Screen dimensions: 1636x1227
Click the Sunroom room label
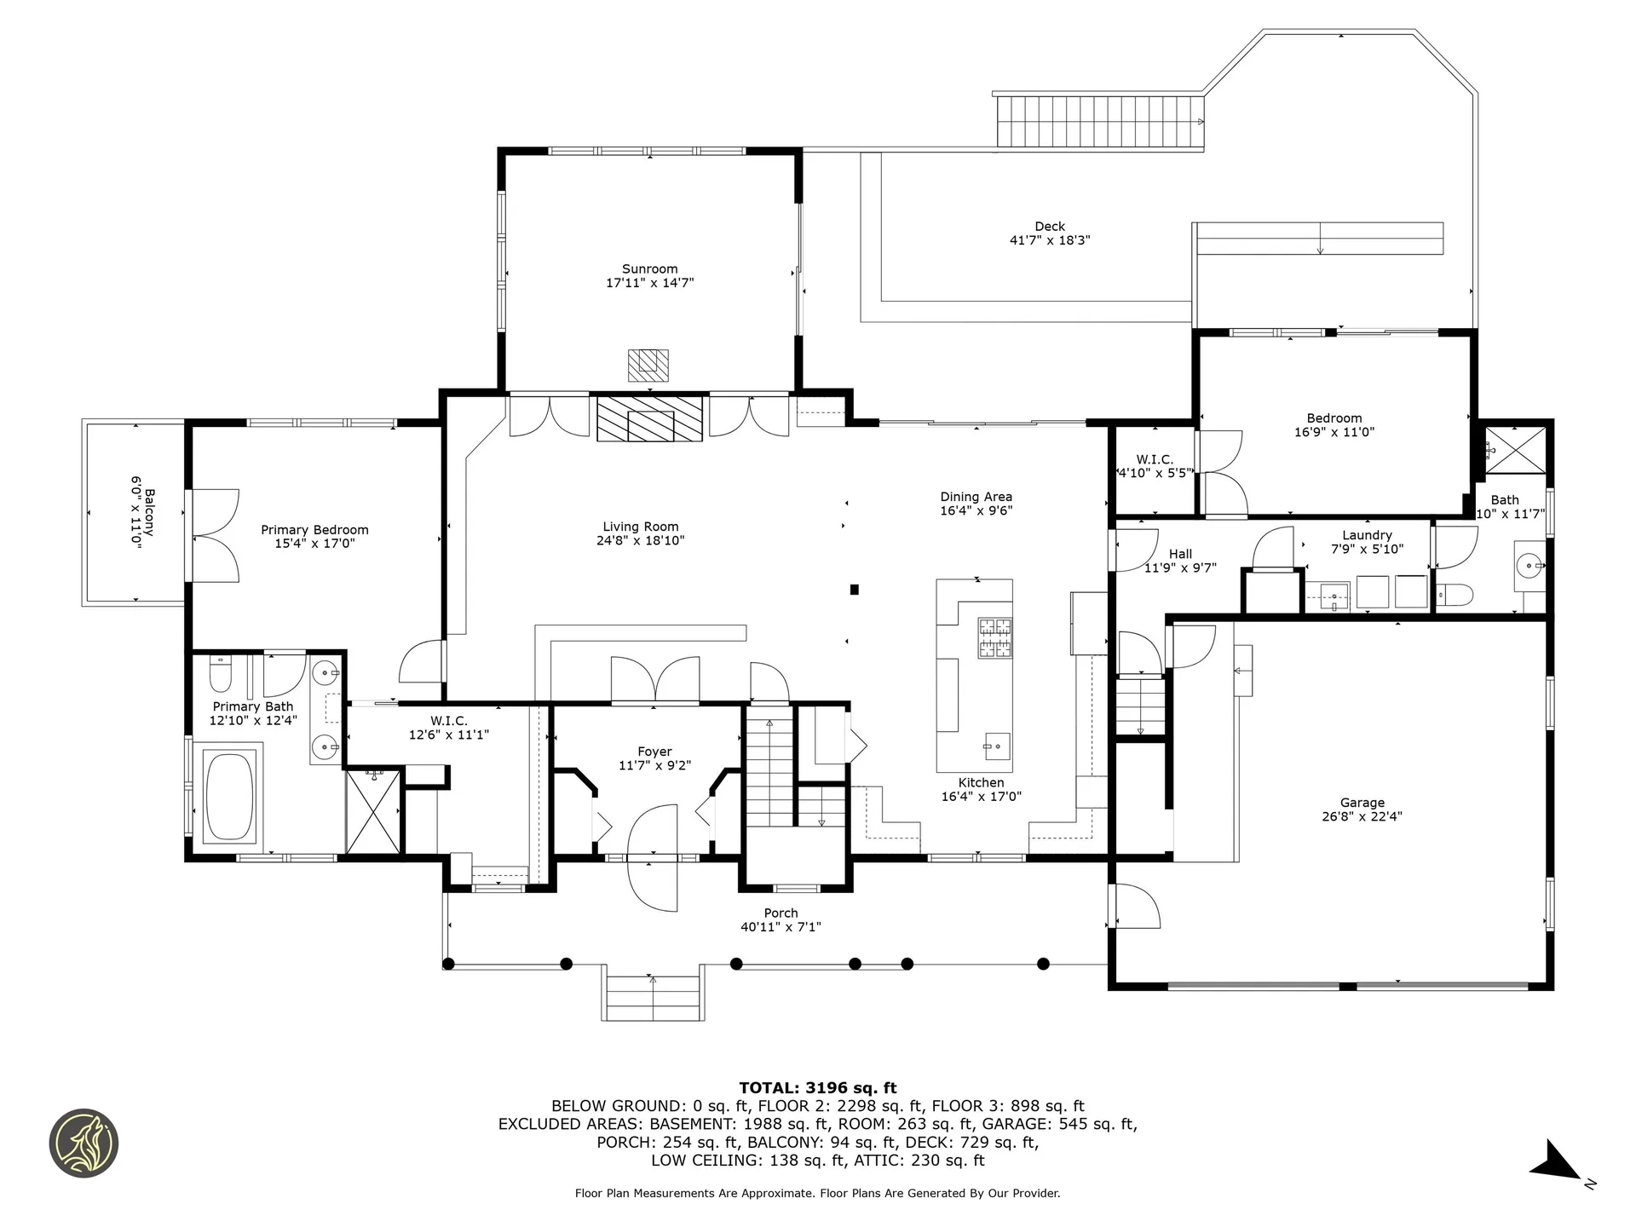(x=649, y=269)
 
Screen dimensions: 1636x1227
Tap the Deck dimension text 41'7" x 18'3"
(x=1050, y=240)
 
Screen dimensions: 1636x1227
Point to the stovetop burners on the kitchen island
(x=994, y=638)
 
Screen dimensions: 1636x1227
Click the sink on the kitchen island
(x=996, y=746)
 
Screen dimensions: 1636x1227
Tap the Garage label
(x=1362, y=803)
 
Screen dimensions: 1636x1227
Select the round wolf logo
(x=84, y=1143)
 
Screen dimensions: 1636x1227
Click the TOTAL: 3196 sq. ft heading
(x=818, y=1088)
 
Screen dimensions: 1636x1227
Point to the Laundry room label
(x=1367, y=535)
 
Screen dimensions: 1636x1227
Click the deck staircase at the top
(x=1099, y=121)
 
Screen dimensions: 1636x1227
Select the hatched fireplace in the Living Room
(x=650, y=418)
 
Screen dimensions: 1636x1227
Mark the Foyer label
(x=654, y=752)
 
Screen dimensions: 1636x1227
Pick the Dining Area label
(x=976, y=497)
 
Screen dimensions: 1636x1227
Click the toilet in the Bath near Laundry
(x=1453, y=595)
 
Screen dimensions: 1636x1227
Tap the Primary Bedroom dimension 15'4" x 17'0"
(x=314, y=544)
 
